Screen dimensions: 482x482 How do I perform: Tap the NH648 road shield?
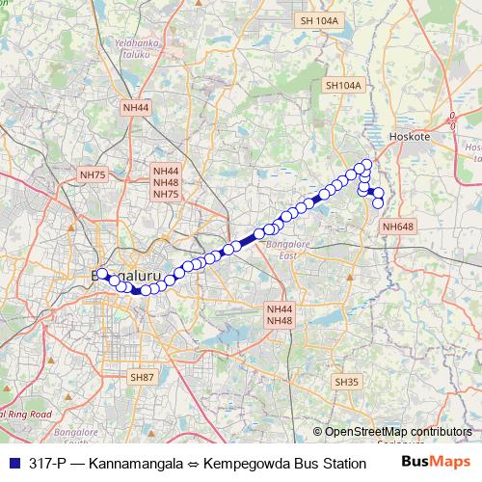[397, 227]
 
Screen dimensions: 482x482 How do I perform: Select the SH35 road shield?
[346, 382]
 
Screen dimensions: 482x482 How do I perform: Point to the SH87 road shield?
[142, 376]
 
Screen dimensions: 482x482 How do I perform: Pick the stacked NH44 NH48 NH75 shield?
[165, 182]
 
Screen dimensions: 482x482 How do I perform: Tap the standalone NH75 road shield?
[93, 174]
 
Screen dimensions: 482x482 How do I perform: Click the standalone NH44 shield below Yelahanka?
[137, 108]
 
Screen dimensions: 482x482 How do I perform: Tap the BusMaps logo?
[436, 462]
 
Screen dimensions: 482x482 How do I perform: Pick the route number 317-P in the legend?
[48, 463]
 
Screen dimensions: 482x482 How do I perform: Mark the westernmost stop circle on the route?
[102, 274]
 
